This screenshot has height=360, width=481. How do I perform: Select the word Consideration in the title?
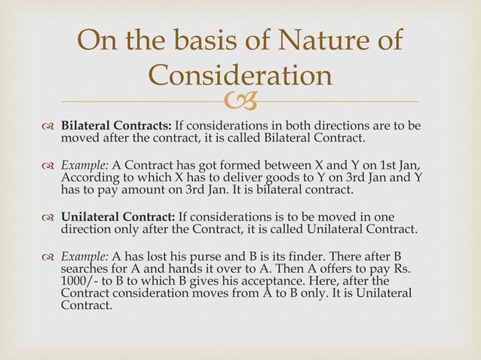click(x=240, y=75)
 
